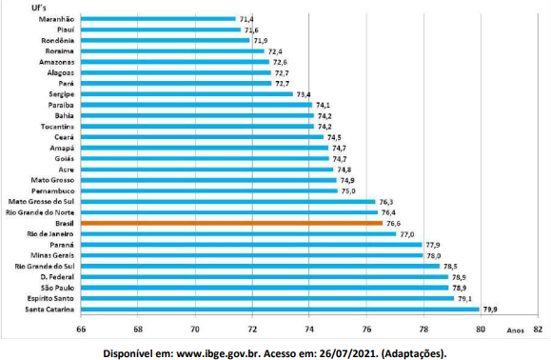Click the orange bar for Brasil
coord(231,223)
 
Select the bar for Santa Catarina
coord(280,310)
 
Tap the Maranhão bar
coord(158,19)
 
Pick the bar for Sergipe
coord(187,94)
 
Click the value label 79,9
coord(490,310)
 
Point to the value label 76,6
coord(393,224)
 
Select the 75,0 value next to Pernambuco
coord(348,191)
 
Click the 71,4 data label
coord(246,19)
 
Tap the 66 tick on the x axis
coord(81,330)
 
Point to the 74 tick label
coord(309,330)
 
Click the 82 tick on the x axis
coord(538,330)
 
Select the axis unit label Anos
coord(515,330)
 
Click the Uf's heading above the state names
coord(39,8)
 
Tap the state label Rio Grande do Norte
coord(40,212)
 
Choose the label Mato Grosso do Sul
coord(41,202)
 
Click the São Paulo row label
coord(57,288)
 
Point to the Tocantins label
coord(57,127)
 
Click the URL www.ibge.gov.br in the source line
coord(218,353)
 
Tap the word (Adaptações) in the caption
coord(414,353)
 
